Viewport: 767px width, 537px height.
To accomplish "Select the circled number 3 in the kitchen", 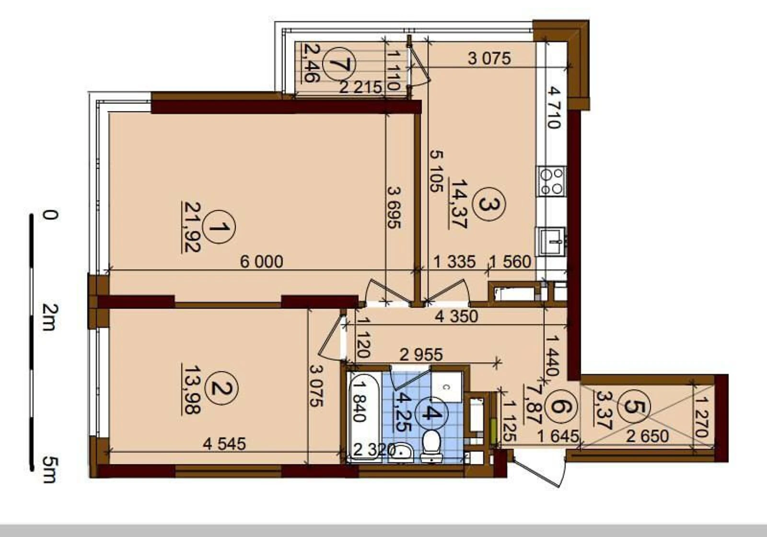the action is [488, 204].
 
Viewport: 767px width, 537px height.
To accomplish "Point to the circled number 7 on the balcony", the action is [339, 64].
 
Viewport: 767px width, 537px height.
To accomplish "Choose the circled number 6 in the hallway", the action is [562, 407].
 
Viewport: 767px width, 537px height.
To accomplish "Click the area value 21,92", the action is [192, 227].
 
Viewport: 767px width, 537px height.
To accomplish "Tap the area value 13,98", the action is [192, 390].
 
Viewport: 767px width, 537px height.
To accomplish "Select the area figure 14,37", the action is [458, 204].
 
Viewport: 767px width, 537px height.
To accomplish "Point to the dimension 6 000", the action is [262, 262].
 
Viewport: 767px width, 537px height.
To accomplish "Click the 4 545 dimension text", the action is [224, 444].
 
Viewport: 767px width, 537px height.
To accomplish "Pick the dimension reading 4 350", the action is [456, 316].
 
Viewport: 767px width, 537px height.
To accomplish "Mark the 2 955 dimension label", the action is [421, 355].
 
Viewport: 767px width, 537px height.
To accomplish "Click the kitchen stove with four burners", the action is [551, 181].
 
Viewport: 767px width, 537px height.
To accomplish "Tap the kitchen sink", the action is [552, 242].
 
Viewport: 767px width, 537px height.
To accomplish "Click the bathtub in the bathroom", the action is [364, 417].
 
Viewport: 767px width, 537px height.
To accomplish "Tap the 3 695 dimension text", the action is [394, 207].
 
